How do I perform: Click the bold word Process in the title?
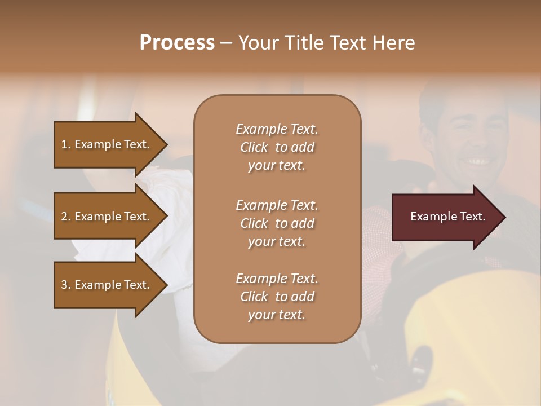click(x=177, y=43)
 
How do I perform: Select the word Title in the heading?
click(x=305, y=43)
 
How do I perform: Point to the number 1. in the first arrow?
click(x=66, y=145)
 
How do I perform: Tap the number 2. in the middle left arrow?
click(x=66, y=217)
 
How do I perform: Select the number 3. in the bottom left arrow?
click(x=66, y=285)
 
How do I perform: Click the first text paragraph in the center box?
click(x=277, y=147)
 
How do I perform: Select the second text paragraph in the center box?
click(x=277, y=223)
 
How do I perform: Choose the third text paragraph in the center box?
click(x=277, y=297)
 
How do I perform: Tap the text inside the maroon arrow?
click(x=447, y=217)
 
